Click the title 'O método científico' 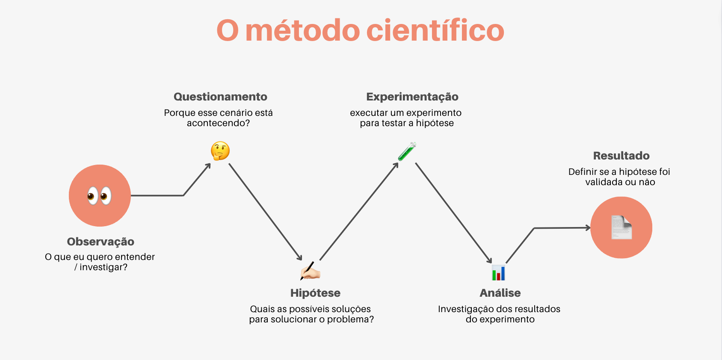pyautogui.click(x=360, y=30)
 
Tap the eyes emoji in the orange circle pyautogui.click(x=99, y=196)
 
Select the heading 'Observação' pyautogui.click(x=100, y=242)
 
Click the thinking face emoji pyautogui.click(x=220, y=151)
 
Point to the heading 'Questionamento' pyautogui.click(x=220, y=97)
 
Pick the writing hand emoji pyautogui.click(x=310, y=271)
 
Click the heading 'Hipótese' pyautogui.click(x=315, y=293)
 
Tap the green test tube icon pyautogui.click(x=407, y=151)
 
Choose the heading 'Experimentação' pyautogui.click(x=412, y=97)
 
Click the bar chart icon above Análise pyautogui.click(x=498, y=273)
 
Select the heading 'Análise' pyautogui.click(x=500, y=293)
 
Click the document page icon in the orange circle pyautogui.click(x=622, y=227)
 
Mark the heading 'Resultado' pyautogui.click(x=621, y=156)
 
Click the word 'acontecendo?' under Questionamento pyautogui.click(x=218, y=123)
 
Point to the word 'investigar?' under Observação pyautogui.click(x=104, y=267)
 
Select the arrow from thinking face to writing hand pyautogui.click(x=265, y=212)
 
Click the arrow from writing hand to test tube pyautogui.click(x=359, y=211)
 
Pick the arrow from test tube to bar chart pyautogui.click(x=454, y=213)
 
